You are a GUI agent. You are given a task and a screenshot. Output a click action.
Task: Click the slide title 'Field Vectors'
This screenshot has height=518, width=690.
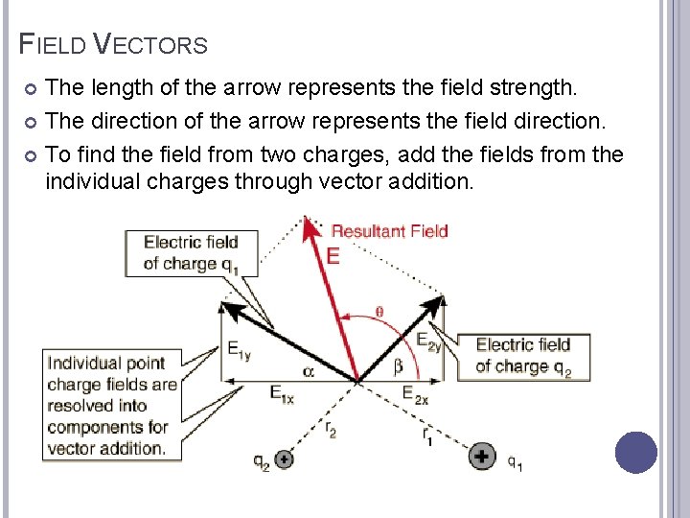pos(114,44)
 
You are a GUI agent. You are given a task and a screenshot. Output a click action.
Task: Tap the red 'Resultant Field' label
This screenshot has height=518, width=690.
pos(389,230)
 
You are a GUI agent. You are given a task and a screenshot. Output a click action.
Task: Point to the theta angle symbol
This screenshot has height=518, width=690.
pos(379,311)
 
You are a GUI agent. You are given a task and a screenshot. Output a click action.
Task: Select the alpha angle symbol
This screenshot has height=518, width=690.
pos(308,369)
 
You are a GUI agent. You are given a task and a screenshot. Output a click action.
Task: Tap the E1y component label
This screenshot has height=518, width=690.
pos(239,352)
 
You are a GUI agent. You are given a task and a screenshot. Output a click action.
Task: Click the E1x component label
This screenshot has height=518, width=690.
pos(281,393)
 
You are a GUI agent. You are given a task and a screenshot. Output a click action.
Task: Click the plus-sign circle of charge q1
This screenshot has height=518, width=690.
pos(482,457)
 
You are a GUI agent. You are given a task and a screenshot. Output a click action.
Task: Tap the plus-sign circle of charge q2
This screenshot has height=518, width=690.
pos(283,459)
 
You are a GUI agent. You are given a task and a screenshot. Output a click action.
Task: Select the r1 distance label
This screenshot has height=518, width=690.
pos(428,437)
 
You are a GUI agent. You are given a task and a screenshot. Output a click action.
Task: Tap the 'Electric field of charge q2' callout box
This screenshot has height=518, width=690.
pos(522,355)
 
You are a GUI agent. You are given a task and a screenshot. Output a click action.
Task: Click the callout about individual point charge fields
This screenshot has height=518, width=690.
pos(112,405)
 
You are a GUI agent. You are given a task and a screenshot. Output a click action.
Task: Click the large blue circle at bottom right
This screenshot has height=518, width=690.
pos(635,453)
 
